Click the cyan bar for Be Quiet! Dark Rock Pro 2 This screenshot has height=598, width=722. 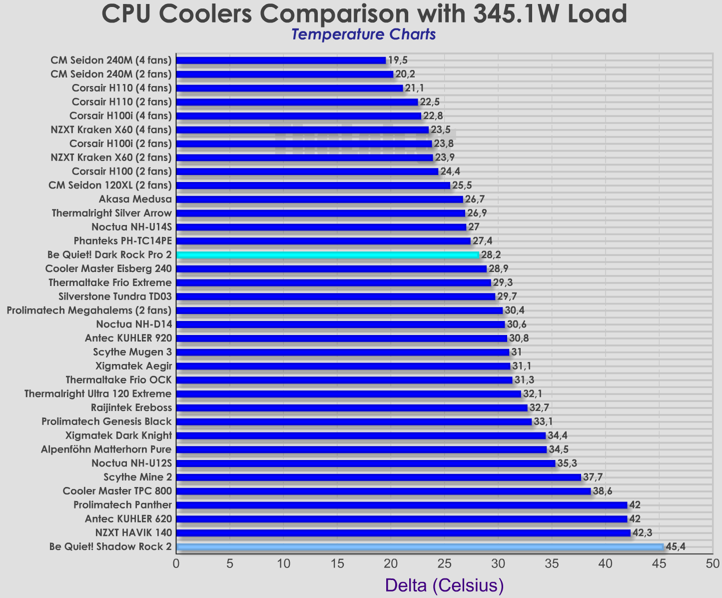(327, 255)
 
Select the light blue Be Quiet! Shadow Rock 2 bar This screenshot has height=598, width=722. (420, 547)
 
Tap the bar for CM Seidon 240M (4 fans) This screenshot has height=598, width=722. (281, 60)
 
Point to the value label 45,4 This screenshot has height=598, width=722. (676, 546)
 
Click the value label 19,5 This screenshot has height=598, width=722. (398, 60)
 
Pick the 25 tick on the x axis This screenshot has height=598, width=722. (444, 564)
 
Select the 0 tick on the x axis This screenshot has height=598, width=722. (176, 564)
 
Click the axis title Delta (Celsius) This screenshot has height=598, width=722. (444, 585)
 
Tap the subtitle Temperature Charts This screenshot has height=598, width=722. (363, 34)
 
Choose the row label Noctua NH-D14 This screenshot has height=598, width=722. (134, 324)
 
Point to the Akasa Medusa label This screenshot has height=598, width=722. (135, 199)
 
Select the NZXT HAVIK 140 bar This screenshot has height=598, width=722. (403, 533)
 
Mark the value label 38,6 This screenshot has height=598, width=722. (603, 491)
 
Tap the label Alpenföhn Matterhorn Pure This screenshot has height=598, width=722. (106, 449)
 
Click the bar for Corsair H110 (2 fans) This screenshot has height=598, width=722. (297, 102)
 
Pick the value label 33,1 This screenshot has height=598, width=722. (544, 421)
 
